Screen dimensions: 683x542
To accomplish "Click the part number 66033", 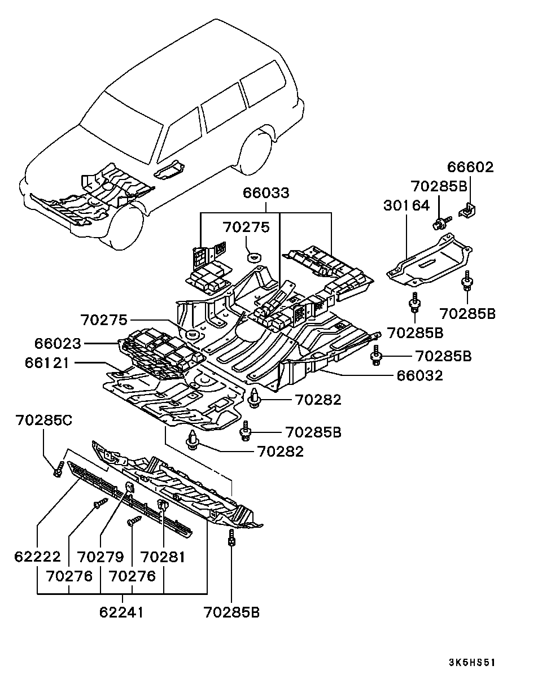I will point(266,193).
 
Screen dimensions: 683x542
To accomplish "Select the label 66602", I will point(470,167).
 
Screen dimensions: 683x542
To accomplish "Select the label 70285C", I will point(44,420).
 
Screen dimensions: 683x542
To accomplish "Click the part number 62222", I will point(37,557).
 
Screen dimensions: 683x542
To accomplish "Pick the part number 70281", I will point(163,557).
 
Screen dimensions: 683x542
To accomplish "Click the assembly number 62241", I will point(121,611).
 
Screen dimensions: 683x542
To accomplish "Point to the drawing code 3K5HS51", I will point(471,663).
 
